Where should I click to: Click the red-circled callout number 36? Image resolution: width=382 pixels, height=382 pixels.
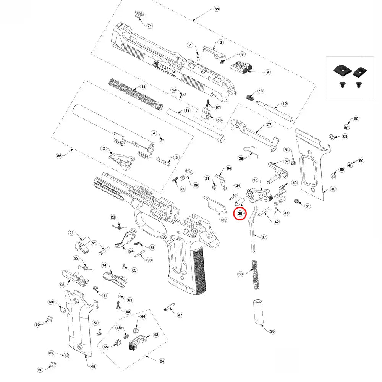pyautogui.click(x=240, y=214)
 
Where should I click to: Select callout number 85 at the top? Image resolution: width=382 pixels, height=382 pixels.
pyautogui.click(x=216, y=9)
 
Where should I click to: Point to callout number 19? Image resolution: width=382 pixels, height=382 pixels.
pyautogui.click(x=187, y=110)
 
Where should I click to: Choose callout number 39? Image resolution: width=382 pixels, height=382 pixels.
pyautogui.click(x=272, y=331)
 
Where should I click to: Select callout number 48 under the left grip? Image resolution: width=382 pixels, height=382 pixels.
pyautogui.click(x=92, y=366)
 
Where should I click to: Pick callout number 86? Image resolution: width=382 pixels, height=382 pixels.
pyautogui.click(x=59, y=156)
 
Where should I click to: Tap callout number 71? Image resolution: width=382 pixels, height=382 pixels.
pyautogui.click(x=149, y=26)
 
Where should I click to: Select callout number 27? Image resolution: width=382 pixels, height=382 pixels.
pyautogui.click(x=269, y=125)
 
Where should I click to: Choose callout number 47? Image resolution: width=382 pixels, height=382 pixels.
pyautogui.click(x=180, y=315)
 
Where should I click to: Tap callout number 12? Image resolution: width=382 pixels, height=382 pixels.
pyautogui.click(x=284, y=104)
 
